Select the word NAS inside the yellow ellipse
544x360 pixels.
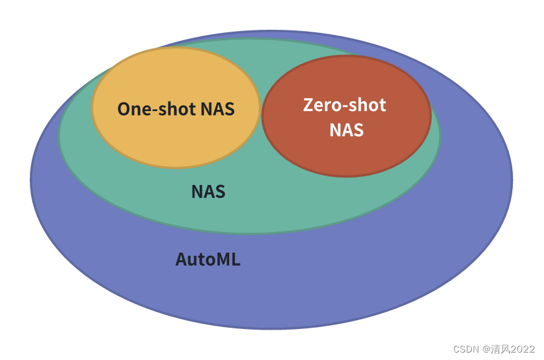(217, 109)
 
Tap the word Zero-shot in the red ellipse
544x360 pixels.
(345, 105)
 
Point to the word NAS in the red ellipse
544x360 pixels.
(346, 130)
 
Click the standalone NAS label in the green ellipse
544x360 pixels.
(208, 192)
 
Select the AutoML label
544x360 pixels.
(207, 259)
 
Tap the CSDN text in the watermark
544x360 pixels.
(466, 349)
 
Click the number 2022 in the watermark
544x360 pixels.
(522, 349)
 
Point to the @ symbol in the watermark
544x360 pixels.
(486, 349)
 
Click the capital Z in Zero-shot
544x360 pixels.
(308, 105)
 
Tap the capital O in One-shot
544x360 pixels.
(123, 109)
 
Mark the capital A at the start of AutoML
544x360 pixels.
(181, 259)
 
